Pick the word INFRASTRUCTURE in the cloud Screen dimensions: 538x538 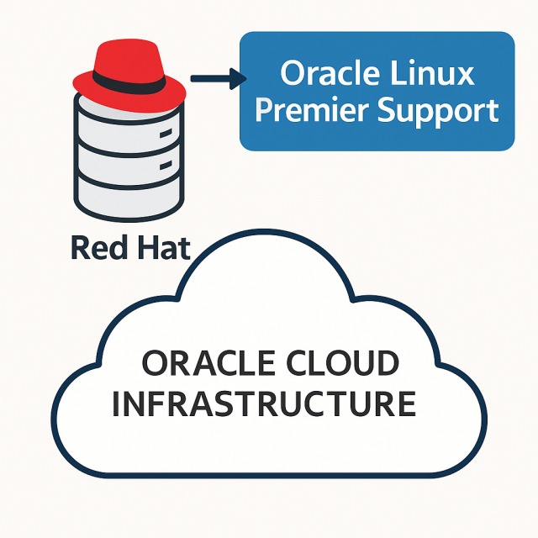(264, 403)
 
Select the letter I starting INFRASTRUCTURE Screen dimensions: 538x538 (118, 403)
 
